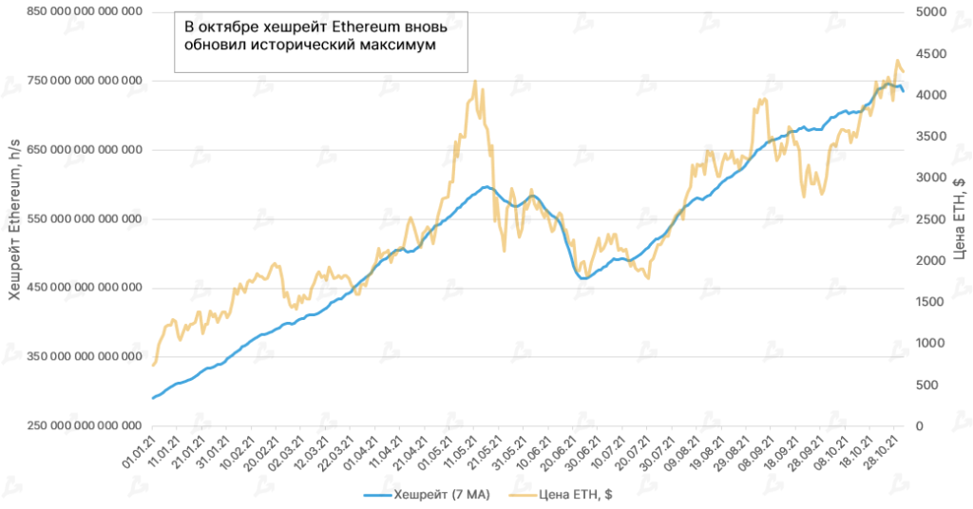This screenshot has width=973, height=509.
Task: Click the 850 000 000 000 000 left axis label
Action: click(76, 11)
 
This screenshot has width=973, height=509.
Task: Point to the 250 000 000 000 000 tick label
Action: click(76, 425)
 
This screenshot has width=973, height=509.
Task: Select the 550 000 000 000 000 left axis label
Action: click(76, 218)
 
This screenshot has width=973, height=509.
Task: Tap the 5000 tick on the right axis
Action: click(932, 11)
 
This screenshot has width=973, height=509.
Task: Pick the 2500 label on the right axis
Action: click(932, 218)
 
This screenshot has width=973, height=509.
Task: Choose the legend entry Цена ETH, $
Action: click(561, 495)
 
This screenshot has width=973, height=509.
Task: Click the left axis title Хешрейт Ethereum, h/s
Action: click(14, 218)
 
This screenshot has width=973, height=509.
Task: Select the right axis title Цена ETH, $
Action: click(959, 218)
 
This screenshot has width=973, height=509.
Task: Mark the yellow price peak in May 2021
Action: click(474, 82)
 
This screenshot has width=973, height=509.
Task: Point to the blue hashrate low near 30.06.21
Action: click(583, 278)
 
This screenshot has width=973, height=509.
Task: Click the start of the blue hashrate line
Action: click(152, 398)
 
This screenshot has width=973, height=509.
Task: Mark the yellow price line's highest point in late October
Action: click(896, 61)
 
